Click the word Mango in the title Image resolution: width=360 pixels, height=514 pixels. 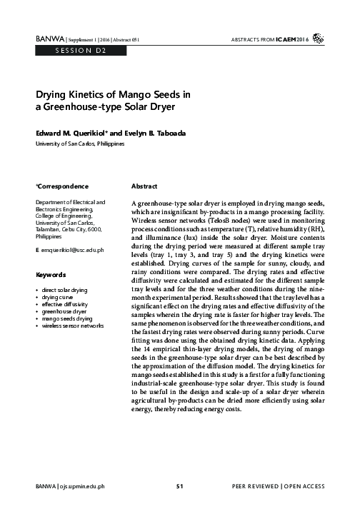tap(130, 94)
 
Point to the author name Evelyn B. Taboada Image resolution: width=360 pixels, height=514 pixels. tap(158, 133)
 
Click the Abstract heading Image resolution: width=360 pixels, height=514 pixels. tap(144, 186)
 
